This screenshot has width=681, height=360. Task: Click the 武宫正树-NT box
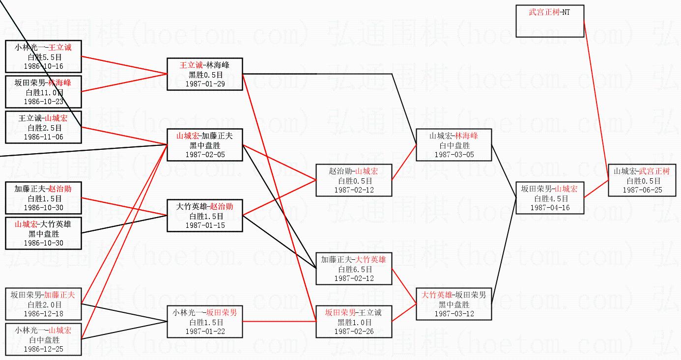click(x=549, y=21)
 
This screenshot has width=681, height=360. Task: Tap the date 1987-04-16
click(x=549, y=208)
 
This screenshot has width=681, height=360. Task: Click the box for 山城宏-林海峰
click(x=454, y=145)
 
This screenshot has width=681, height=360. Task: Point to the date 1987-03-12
click(x=454, y=314)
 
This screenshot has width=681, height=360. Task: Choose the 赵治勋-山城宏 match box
click(x=354, y=180)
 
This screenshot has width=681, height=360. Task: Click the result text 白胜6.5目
click(x=354, y=269)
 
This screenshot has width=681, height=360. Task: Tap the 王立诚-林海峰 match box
click(x=204, y=74)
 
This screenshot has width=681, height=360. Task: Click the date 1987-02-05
click(x=204, y=154)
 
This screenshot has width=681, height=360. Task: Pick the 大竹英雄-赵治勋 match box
click(x=204, y=216)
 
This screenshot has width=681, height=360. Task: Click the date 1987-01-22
click(x=204, y=332)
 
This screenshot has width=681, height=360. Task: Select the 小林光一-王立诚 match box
click(x=43, y=56)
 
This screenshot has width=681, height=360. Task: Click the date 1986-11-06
click(x=43, y=137)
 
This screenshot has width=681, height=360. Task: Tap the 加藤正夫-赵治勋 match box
click(x=43, y=198)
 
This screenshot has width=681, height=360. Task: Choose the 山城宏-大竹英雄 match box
click(x=43, y=233)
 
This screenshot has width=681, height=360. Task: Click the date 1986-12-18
click(x=43, y=313)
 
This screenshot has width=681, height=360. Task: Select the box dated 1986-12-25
click(x=43, y=339)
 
